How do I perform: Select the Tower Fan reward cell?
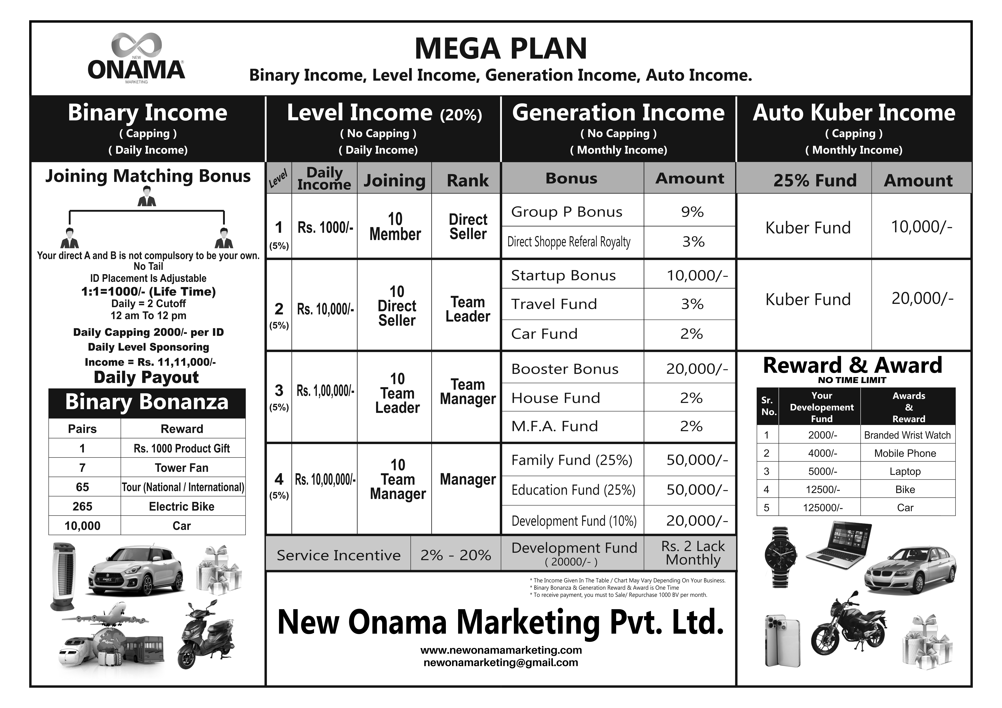182,468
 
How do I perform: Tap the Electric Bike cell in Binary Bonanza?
182,507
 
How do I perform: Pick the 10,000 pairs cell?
83,526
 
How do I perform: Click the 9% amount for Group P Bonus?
692,212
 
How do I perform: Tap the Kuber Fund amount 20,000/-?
922,299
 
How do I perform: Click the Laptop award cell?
905,472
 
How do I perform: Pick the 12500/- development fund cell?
823,490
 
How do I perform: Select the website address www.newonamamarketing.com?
501,650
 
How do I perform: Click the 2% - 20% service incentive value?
456,555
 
